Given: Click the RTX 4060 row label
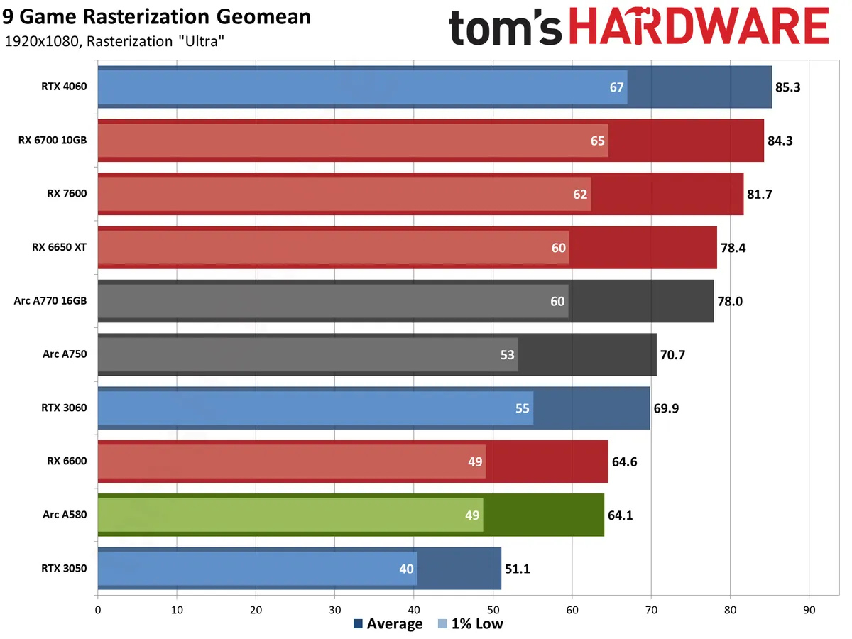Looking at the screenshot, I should pyautogui.click(x=63, y=87).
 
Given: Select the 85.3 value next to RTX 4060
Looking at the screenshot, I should pyautogui.click(x=788, y=87).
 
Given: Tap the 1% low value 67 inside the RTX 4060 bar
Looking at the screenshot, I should pyautogui.click(x=616, y=87).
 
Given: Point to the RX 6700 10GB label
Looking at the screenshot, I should pyautogui.click(x=53, y=141).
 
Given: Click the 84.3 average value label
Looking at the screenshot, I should pyautogui.click(x=780, y=141).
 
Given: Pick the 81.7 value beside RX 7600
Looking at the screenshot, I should pyautogui.click(x=760, y=194).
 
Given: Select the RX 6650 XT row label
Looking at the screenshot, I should pyautogui.click(x=59, y=247).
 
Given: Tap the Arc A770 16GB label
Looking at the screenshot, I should pyautogui.click(x=50, y=301).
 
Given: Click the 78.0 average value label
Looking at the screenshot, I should pyautogui.click(x=730, y=301).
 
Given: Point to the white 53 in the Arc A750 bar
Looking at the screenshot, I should pyautogui.click(x=507, y=354).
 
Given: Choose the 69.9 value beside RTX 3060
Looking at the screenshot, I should pyautogui.click(x=666, y=408).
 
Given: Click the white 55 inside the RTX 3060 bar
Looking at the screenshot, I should pyautogui.click(x=522, y=408).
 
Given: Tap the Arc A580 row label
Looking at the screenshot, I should pyautogui.click(x=65, y=515).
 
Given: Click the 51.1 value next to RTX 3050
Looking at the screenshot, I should pyautogui.click(x=518, y=568).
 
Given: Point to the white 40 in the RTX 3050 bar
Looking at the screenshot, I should pyautogui.click(x=406, y=568).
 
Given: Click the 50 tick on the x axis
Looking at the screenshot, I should pyautogui.click(x=493, y=608).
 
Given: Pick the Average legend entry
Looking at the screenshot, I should pyautogui.click(x=388, y=624).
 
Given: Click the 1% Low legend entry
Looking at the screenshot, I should pyautogui.click(x=471, y=624).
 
